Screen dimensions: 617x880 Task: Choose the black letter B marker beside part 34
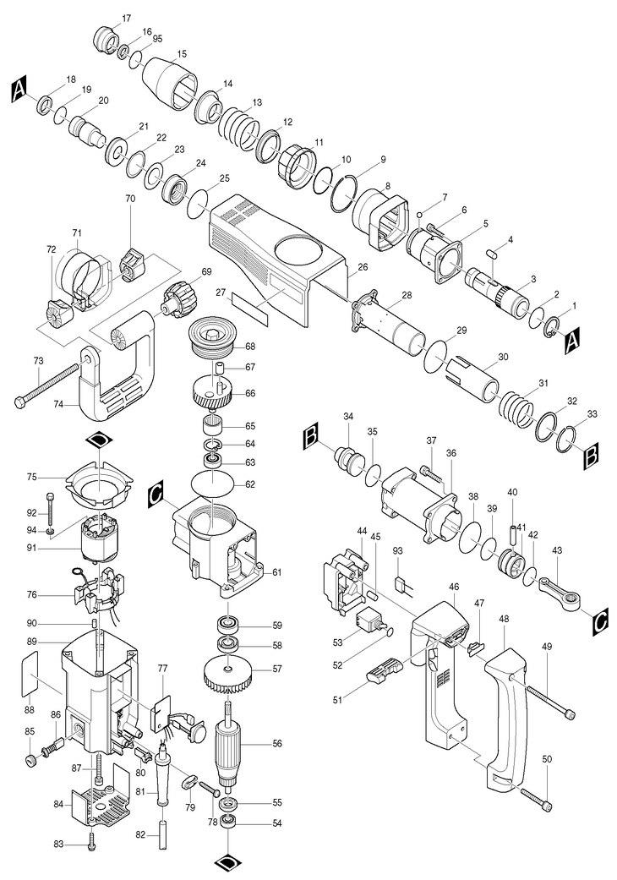311,438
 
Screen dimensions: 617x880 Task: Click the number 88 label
30,710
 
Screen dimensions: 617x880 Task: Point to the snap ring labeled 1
552,326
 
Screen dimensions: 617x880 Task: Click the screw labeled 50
536,798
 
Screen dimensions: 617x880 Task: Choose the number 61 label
277,572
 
